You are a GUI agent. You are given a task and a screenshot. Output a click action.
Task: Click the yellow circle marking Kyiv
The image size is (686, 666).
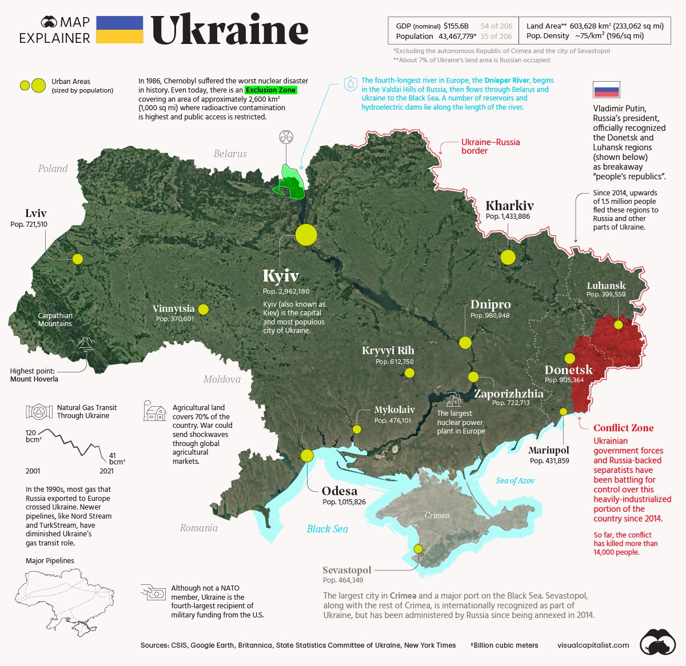point(306,235)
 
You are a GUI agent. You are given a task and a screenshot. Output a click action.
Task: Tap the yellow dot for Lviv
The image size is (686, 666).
point(78,259)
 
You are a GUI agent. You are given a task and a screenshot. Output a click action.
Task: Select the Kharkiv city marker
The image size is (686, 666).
point(508,257)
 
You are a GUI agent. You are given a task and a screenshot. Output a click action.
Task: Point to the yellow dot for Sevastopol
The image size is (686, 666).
point(418,548)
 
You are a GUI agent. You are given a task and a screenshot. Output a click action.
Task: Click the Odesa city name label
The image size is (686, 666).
point(339,491)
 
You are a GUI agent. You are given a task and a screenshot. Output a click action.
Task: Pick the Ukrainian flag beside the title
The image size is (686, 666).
point(119,30)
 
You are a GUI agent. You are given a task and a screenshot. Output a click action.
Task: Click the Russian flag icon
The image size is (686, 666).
point(606,90)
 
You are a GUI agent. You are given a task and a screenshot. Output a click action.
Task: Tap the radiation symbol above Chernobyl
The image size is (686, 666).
point(286,137)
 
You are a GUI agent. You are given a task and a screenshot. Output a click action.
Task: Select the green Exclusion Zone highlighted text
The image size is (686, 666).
point(271,90)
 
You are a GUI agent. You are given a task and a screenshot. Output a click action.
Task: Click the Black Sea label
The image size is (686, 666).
point(327,529)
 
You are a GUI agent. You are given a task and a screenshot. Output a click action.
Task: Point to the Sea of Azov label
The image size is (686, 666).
point(514,480)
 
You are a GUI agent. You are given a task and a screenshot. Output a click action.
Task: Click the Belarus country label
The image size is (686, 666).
point(230,154)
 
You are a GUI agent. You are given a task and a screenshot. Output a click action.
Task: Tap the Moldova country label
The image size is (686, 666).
point(222,379)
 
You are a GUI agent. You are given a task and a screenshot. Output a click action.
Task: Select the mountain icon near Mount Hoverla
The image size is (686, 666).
point(86,343)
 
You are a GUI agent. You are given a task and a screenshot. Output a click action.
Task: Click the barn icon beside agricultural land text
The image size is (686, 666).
point(155,411)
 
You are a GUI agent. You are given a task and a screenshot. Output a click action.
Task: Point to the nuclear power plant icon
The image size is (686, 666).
point(453,399)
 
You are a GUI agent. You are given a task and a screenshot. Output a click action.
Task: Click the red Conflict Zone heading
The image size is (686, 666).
point(623,428)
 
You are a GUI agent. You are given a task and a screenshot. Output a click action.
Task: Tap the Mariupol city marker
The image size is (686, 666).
point(563,411)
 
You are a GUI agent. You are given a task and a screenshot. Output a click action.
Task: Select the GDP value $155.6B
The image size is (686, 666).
point(456,26)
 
